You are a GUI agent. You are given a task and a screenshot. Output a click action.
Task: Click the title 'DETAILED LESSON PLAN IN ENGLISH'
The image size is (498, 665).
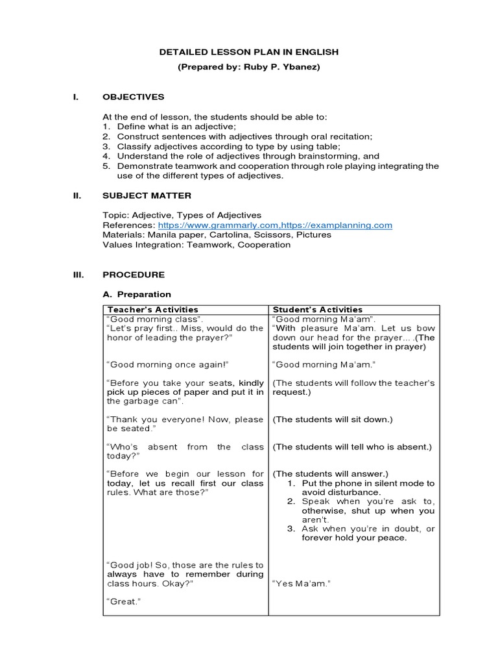click(x=249, y=52)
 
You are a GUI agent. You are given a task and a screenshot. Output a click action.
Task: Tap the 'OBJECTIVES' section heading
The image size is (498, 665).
click(x=134, y=97)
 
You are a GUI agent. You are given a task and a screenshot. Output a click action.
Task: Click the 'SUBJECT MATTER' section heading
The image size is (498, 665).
click(x=147, y=195)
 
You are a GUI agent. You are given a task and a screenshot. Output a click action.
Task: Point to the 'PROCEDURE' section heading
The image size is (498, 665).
click(x=134, y=275)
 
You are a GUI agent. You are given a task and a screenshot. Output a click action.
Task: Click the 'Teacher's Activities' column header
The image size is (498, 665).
click(x=153, y=310)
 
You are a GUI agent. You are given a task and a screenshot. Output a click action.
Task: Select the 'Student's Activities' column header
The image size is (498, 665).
click(x=318, y=310)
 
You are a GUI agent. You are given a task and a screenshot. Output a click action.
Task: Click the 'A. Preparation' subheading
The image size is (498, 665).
click(x=137, y=294)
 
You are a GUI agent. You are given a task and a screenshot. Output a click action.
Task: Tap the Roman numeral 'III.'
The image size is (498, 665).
click(x=78, y=275)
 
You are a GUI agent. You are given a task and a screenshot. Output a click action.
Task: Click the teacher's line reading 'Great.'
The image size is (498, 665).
click(x=123, y=602)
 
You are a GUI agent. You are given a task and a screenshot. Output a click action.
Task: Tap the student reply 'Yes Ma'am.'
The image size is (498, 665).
click(x=302, y=584)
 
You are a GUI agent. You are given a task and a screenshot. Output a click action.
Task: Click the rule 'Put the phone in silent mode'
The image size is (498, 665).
click(x=366, y=483)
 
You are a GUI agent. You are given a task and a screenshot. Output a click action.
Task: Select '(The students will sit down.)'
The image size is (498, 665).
click(x=333, y=420)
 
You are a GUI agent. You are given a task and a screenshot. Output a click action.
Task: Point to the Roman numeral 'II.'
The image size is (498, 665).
click(x=77, y=195)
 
